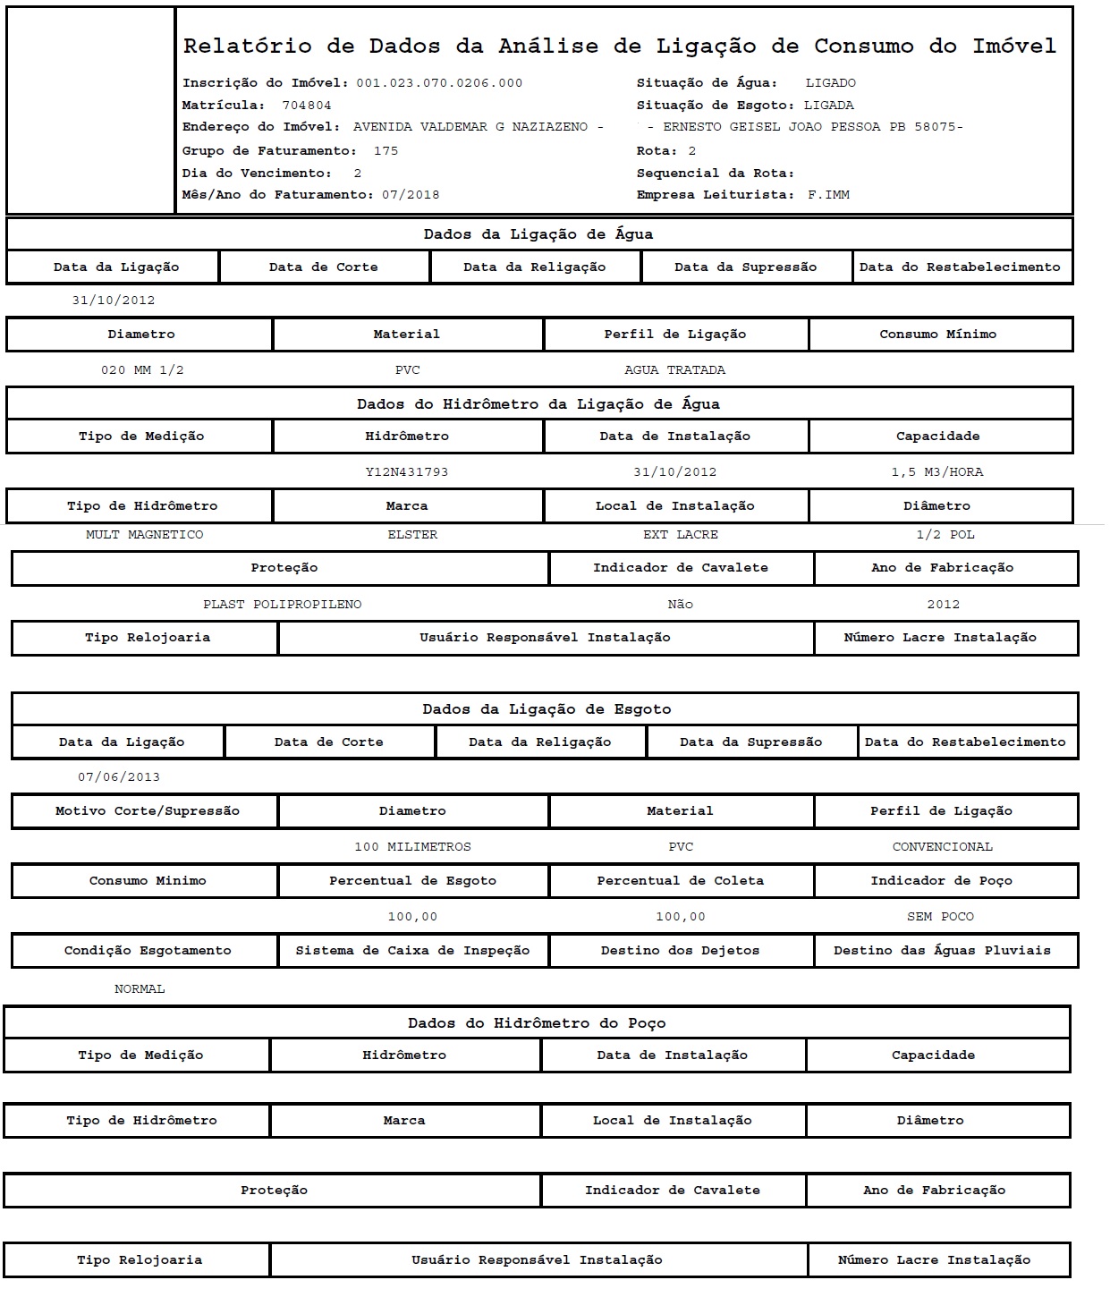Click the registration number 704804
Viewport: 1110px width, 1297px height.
(307, 106)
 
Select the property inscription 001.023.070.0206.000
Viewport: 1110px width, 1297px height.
(439, 83)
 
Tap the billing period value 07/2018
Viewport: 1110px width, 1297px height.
(411, 195)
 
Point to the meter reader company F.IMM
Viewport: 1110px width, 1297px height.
(828, 195)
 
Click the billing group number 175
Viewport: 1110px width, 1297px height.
(386, 151)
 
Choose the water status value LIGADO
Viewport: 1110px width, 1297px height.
(830, 83)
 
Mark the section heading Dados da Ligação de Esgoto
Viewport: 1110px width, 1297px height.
(547, 709)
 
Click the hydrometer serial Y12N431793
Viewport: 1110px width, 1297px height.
(407, 472)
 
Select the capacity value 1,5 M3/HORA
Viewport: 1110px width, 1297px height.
(937, 472)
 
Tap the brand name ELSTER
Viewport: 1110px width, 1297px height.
(412, 535)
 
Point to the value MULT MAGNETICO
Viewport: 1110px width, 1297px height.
(145, 535)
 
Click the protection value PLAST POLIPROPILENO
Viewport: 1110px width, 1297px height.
(283, 605)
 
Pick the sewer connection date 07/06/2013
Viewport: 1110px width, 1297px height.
(119, 777)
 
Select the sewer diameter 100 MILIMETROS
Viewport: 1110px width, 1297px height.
(412, 847)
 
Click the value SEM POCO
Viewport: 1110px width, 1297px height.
(940, 917)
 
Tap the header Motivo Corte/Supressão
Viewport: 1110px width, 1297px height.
(148, 811)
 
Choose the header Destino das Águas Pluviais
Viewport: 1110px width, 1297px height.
(942, 951)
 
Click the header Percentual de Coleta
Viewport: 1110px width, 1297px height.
(681, 881)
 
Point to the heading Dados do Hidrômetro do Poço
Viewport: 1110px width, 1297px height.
(537, 1023)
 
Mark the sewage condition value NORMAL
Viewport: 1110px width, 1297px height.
(140, 989)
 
